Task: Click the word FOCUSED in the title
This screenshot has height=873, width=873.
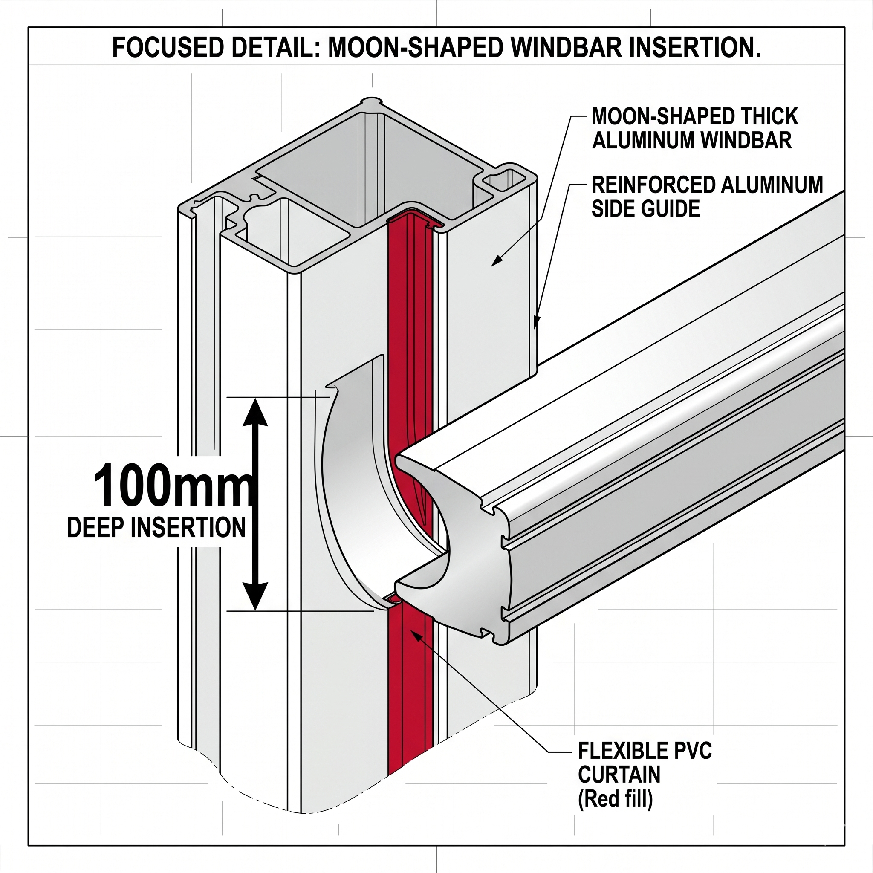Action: click(167, 47)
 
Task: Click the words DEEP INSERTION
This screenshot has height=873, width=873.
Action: click(156, 527)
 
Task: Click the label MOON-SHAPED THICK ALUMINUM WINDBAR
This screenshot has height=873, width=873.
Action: click(694, 128)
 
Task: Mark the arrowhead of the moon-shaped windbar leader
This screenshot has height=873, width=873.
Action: click(494, 263)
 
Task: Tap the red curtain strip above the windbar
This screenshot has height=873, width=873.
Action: click(409, 316)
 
